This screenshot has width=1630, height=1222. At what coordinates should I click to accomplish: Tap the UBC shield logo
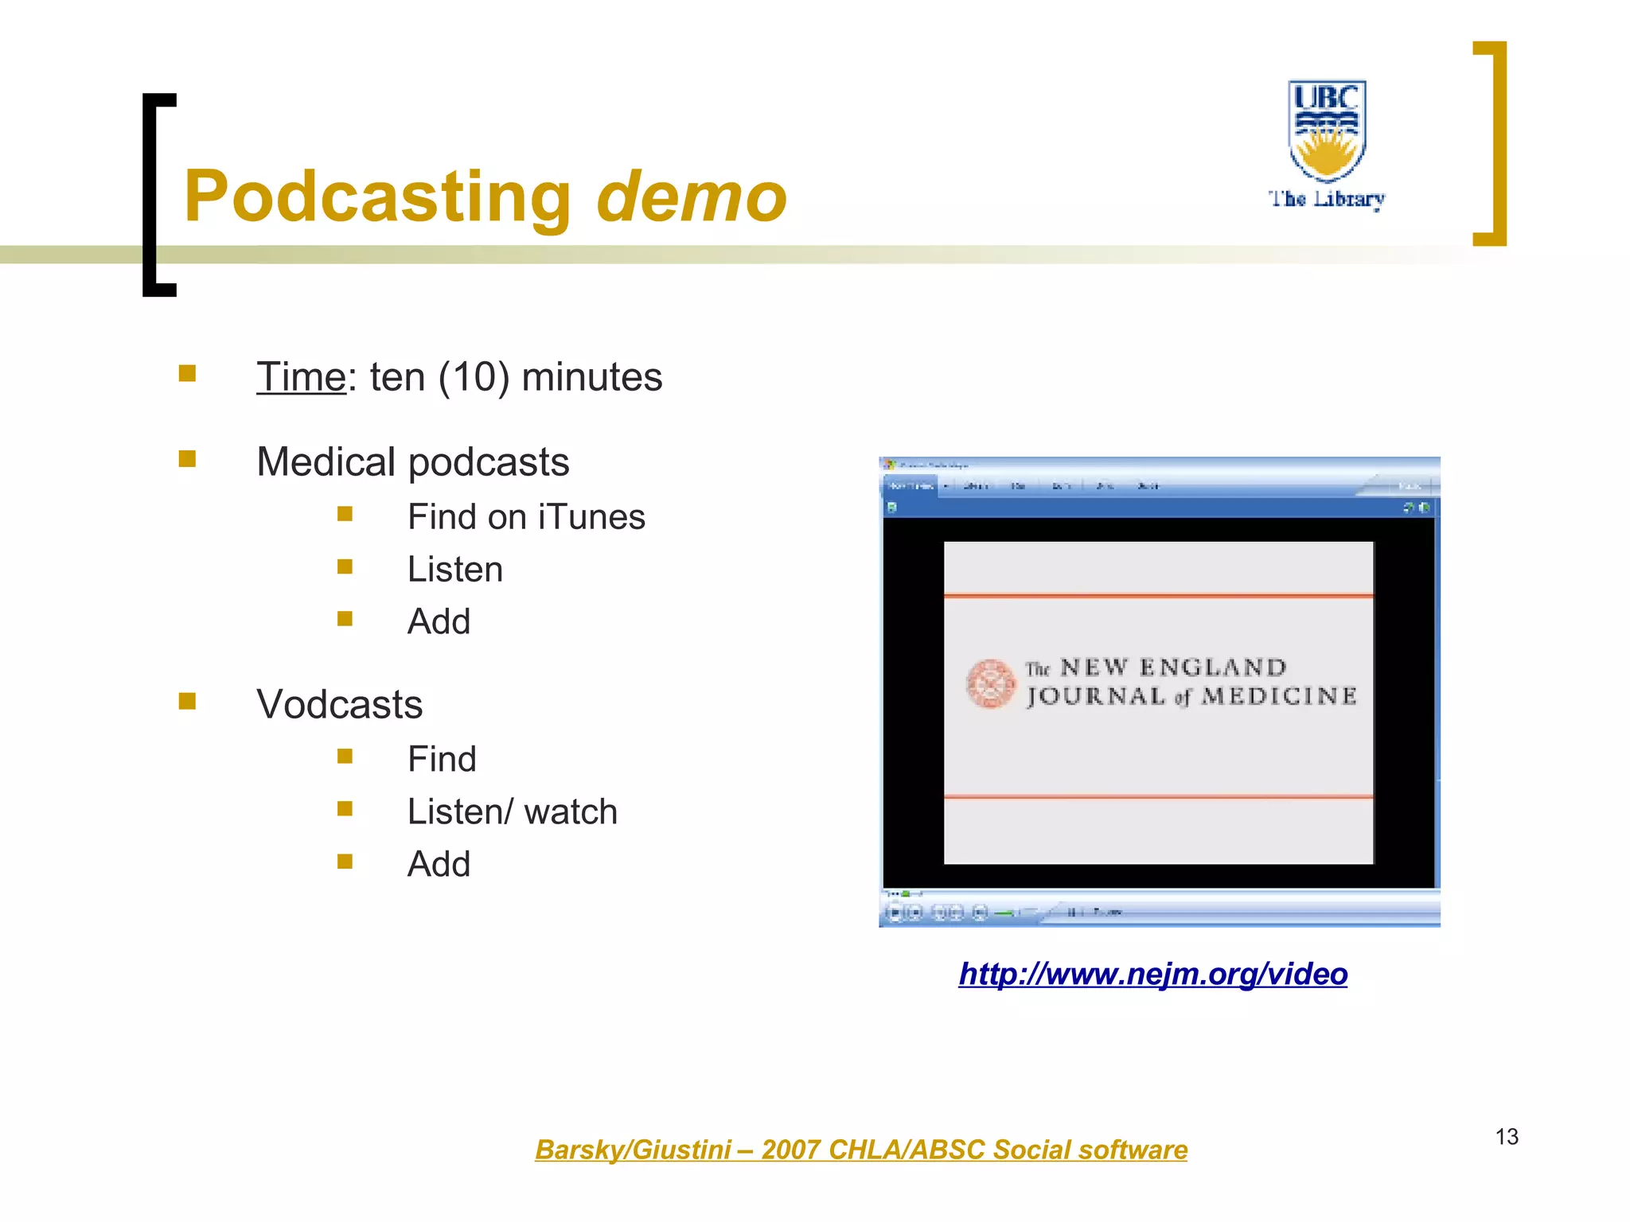[1327, 130]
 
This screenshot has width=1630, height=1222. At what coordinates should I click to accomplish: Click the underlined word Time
[301, 377]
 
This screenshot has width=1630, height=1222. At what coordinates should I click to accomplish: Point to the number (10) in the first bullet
[474, 377]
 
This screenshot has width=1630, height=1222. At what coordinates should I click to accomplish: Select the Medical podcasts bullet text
[412, 462]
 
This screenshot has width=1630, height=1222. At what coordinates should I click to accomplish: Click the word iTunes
[591, 517]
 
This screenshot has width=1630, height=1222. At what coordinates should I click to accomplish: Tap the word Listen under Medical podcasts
[454, 570]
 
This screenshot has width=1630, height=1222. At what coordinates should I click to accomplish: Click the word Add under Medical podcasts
[439, 621]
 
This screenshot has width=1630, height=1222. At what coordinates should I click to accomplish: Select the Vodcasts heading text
[339, 705]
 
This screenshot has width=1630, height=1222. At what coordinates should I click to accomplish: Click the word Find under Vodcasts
[442, 759]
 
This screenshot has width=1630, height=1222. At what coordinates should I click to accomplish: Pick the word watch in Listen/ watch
[571, 812]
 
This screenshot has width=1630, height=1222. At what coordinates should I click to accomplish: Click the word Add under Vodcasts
[439, 864]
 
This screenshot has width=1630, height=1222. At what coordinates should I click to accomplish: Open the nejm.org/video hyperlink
[1152, 974]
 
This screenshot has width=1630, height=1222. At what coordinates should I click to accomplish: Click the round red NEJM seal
[990, 683]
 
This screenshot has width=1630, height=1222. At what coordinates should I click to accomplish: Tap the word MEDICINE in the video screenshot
[1279, 697]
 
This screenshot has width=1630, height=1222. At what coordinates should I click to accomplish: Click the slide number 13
[1507, 1137]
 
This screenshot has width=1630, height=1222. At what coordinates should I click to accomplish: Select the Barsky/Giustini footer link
[860, 1150]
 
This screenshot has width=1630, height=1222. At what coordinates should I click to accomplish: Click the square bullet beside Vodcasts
[188, 701]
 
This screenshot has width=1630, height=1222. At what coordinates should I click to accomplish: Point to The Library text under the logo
[1327, 199]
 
